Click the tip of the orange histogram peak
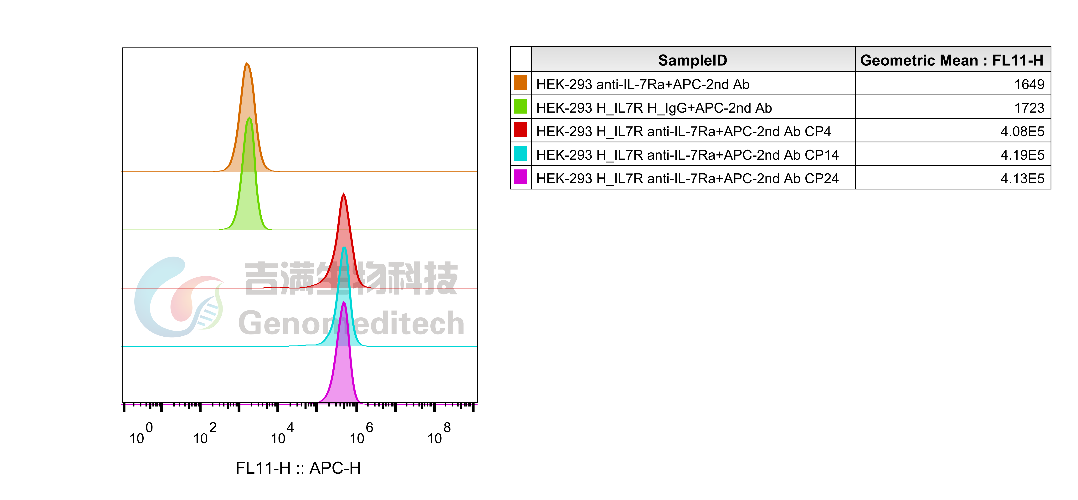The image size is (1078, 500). click(247, 64)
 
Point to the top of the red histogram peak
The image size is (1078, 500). click(344, 194)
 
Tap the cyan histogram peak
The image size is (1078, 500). click(344, 248)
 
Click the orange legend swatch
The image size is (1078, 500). click(520, 82)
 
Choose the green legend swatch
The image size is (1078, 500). click(520, 106)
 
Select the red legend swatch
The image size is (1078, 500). click(520, 130)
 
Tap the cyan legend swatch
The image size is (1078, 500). click(520, 153)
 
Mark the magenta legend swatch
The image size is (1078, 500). click(520, 176)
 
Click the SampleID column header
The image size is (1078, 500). click(693, 60)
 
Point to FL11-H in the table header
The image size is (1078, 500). click(1018, 60)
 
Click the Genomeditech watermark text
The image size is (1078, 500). click(352, 323)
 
